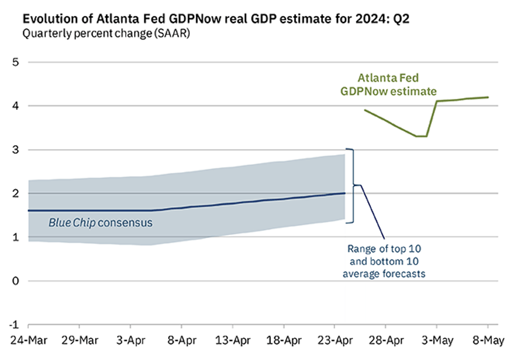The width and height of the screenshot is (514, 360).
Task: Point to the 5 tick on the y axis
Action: tap(15, 62)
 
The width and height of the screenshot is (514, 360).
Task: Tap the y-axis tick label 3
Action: tap(15, 150)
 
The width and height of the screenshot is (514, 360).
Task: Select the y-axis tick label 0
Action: tap(15, 281)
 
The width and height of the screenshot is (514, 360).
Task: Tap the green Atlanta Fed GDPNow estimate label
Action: tap(388, 84)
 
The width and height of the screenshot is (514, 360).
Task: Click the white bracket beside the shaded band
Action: tap(351, 185)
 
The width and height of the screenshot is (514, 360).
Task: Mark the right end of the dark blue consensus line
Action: tap(345, 193)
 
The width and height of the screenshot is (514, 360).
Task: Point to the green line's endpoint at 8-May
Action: tap(487, 97)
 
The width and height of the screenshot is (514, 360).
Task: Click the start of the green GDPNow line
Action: tap(365, 110)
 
